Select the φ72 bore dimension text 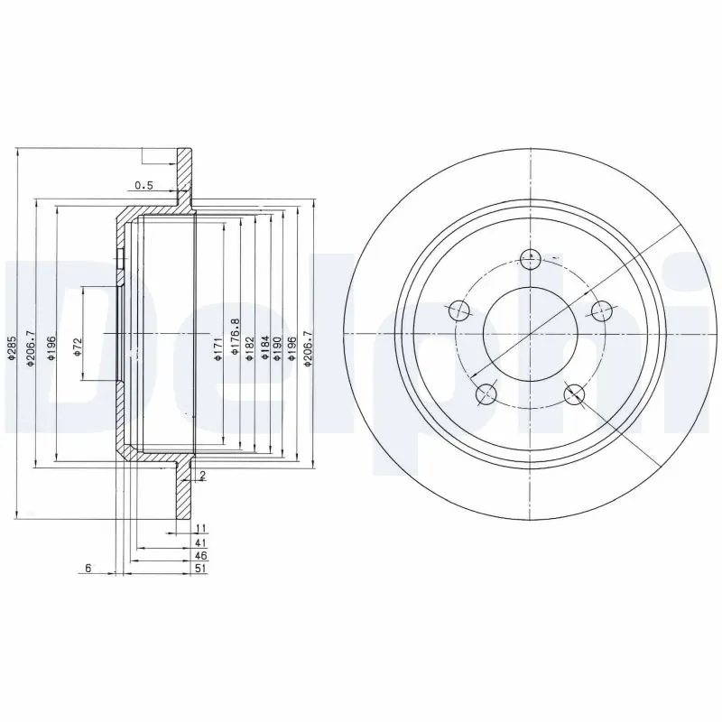(78, 348)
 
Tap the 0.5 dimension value (143, 186)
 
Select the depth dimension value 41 (201, 543)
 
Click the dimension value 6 (88, 568)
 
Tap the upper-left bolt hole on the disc (460, 310)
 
